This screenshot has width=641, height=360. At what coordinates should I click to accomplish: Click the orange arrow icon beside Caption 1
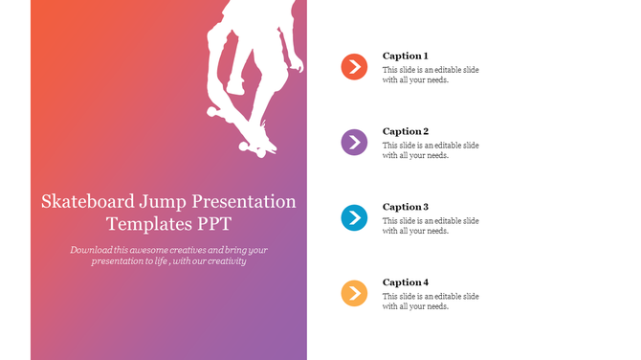pos(354,67)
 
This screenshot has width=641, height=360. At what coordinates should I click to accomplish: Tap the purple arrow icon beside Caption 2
pos(354,143)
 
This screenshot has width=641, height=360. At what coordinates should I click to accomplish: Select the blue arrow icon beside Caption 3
pos(354,218)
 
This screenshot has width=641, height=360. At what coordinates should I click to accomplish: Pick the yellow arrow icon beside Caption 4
pos(354,293)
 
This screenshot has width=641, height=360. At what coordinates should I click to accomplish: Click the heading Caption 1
pos(406,56)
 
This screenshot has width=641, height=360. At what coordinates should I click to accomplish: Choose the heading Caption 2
pos(406,131)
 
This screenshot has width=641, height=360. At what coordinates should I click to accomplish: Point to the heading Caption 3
pos(406,207)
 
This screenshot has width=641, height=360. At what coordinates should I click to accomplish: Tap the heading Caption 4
pos(406,282)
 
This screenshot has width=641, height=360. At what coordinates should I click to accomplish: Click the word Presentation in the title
pos(244,202)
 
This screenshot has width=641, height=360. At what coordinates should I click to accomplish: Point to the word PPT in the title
pos(211,224)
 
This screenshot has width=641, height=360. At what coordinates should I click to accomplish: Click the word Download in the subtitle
pos(92,249)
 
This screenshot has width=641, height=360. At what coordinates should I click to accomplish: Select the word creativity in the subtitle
pos(227,260)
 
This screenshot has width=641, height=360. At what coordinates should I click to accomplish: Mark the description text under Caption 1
pos(431,75)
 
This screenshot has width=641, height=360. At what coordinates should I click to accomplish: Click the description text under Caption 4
pos(431,302)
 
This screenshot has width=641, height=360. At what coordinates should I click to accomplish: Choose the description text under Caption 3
pos(431,226)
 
